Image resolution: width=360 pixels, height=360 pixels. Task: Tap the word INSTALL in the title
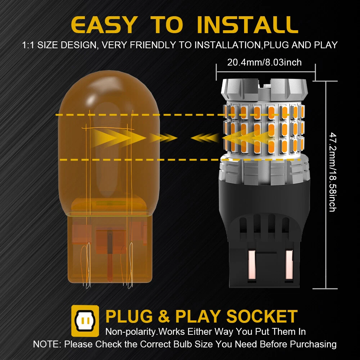[248, 25]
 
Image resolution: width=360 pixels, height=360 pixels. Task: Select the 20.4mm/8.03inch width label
[264, 62]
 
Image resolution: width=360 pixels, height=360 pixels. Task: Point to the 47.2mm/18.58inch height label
[333, 172]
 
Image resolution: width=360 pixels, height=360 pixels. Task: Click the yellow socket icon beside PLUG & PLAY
[85, 321]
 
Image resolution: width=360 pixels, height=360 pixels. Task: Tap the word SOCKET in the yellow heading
[262, 316]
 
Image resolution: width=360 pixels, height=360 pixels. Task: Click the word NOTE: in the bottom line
[47, 344]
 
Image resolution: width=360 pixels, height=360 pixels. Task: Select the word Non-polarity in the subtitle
[131, 332]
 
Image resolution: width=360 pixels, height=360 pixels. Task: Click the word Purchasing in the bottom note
[313, 344]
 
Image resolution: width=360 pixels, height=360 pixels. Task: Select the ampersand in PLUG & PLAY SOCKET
[164, 316]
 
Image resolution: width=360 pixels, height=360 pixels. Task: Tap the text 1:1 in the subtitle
[28, 45]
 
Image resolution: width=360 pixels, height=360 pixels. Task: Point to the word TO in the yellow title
[167, 25]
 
